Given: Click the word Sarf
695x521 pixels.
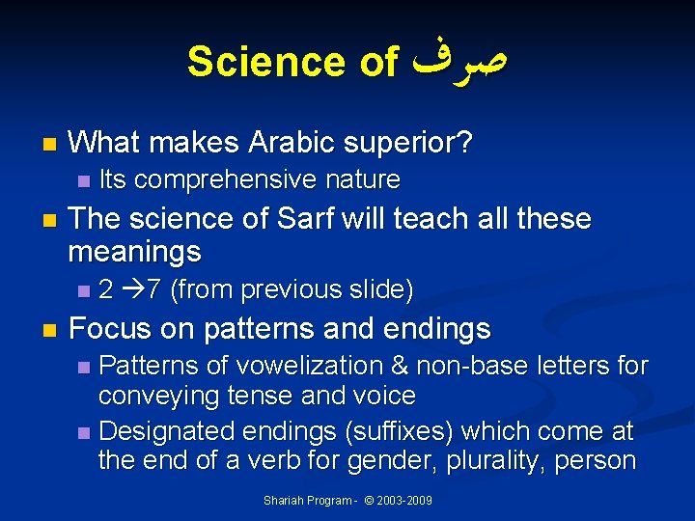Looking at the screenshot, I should [x=307, y=219].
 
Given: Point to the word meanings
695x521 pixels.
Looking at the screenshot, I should [x=134, y=253].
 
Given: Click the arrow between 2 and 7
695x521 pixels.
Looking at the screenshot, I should [x=130, y=289].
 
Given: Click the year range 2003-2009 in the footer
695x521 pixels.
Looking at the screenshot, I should [x=405, y=501].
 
